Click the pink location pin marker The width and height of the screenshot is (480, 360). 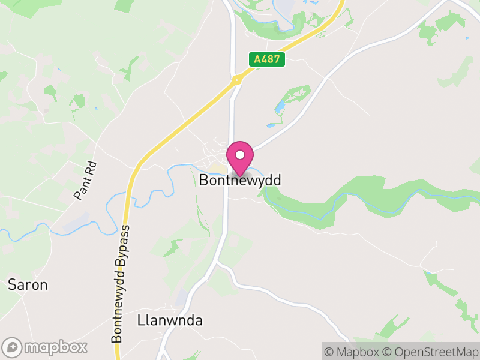click(x=240, y=157)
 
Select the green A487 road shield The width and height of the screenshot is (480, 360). click(x=267, y=59)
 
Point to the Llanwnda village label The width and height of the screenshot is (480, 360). click(x=170, y=320)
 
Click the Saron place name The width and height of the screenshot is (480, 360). click(x=28, y=284)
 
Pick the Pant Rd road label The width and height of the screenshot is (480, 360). click(x=85, y=179)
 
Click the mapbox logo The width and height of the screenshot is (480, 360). click(x=46, y=347)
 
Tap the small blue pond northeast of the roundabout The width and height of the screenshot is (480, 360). click(x=280, y=107)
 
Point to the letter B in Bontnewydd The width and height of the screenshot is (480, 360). click(x=203, y=179)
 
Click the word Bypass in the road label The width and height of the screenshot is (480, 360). click(x=123, y=245)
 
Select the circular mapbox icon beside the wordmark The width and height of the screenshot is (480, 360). click(x=13, y=347)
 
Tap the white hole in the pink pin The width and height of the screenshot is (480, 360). click(x=240, y=155)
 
